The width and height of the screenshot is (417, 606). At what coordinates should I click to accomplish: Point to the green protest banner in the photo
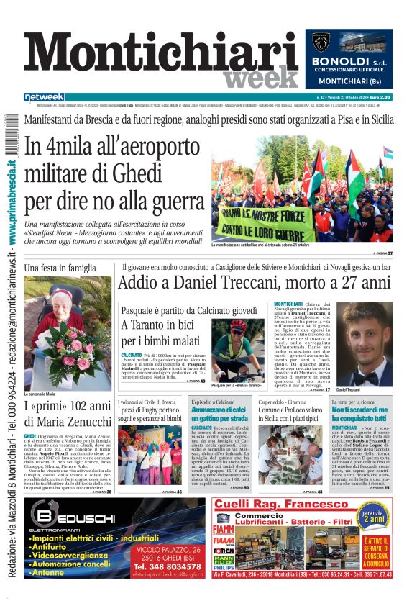(277, 219)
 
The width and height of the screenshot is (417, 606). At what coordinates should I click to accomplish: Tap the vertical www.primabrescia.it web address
(12, 202)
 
